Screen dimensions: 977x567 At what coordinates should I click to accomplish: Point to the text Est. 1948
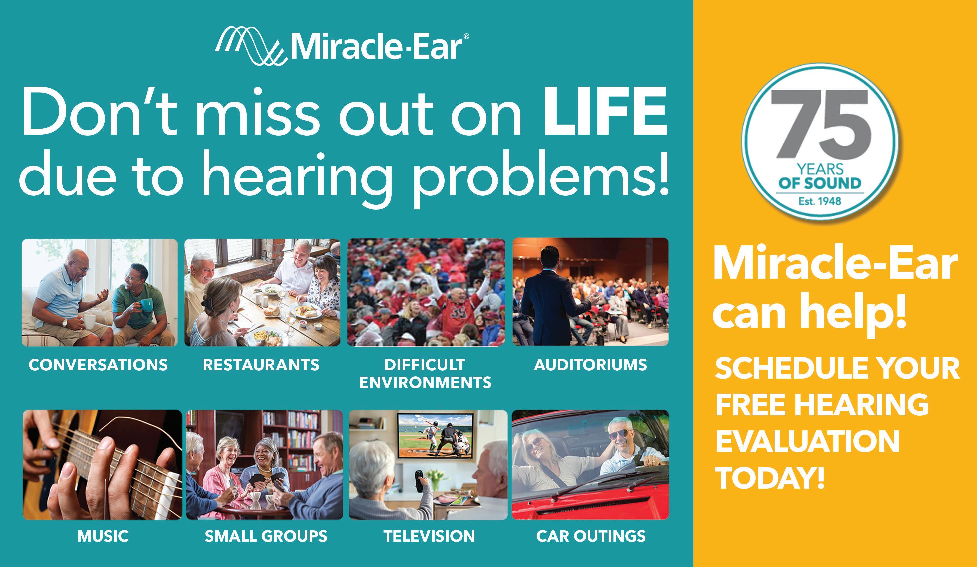[820, 201]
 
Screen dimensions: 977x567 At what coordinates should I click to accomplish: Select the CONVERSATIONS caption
[98, 365]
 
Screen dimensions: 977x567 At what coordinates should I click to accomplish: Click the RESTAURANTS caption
[261, 365]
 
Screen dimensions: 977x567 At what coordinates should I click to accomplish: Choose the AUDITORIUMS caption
[590, 365]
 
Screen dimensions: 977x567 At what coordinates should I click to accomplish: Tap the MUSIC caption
[103, 536]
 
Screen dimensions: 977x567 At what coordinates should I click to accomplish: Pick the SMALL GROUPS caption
[266, 536]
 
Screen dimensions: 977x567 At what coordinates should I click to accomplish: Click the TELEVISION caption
[429, 536]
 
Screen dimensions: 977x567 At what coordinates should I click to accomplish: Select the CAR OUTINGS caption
[591, 536]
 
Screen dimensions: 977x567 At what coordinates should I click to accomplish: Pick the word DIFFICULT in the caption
[424, 365]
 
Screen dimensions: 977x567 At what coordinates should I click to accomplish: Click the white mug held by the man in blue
[89, 322]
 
